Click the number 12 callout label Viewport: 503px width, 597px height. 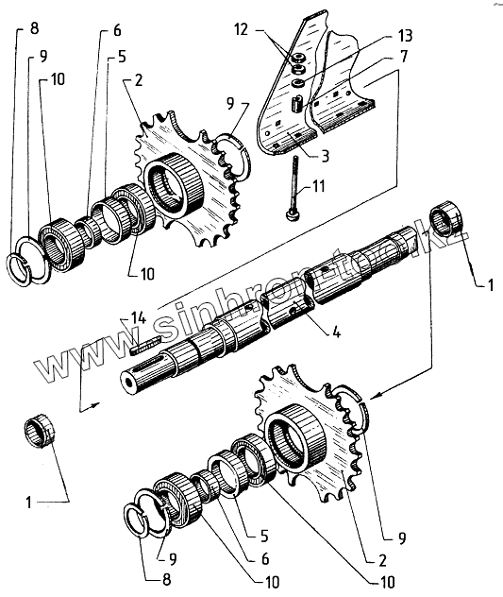[242, 29]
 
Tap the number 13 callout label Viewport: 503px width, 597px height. [405, 36]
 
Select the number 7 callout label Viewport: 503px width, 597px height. [404, 57]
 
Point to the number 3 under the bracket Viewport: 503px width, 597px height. [325, 156]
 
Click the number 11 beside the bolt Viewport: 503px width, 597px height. [318, 186]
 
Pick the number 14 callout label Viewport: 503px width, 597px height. [139, 318]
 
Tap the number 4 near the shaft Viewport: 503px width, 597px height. [336, 332]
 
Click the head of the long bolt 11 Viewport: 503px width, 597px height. [293, 215]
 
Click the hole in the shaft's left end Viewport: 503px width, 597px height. [127, 384]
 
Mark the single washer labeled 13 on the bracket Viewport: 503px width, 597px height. [298, 83]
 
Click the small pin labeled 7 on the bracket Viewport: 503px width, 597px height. [296, 104]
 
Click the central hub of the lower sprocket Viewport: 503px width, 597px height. [297, 437]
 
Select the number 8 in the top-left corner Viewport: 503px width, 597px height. [34, 28]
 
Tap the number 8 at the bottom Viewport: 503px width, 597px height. [167, 579]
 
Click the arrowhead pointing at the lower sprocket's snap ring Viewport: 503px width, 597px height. [373, 397]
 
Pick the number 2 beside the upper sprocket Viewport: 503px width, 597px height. [138, 80]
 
